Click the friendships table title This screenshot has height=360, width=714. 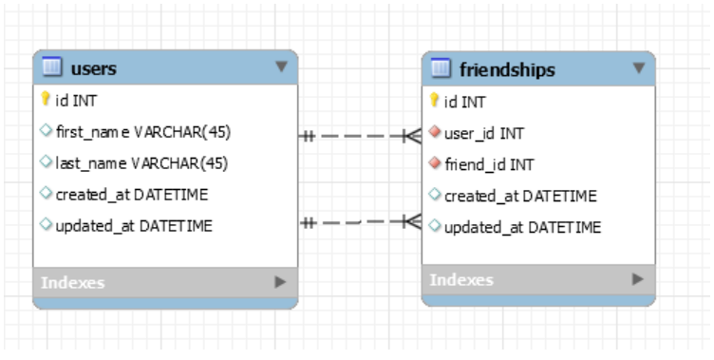tap(507, 69)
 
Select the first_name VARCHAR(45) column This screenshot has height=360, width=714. tap(141, 130)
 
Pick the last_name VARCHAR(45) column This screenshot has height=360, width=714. tap(141, 162)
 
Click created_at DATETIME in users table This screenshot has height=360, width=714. tap(132, 195)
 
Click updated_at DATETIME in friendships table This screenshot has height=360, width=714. tap(520, 227)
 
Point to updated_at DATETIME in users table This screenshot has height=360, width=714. tap(134, 226)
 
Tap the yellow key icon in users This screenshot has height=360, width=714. tap(45, 98)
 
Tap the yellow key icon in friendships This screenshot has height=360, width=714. tap(434, 100)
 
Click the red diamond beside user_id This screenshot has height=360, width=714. tap(435, 132)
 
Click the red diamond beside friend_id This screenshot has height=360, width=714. tap(435, 164)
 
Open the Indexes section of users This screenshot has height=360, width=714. tap(73, 282)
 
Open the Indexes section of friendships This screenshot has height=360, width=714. tap(461, 280)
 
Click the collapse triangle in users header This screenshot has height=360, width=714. tap(280, 66)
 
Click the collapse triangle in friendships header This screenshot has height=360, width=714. tap(638, 67)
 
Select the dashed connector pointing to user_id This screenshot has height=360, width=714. tap(360, 136)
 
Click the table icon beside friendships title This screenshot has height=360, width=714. tap(441, 68)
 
